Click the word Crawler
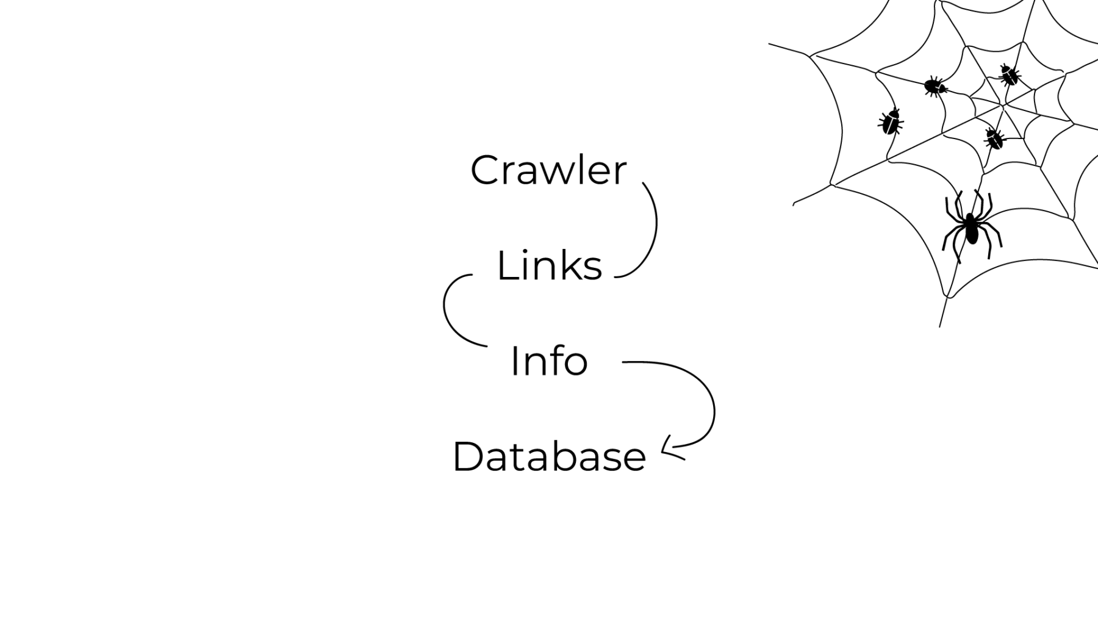tap(548, 170)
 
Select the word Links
tap(549, 266)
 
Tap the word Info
tap(548, 361)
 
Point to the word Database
tap(548, 457)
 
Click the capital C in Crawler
tap(484, 171)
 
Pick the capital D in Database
tap(467, 457)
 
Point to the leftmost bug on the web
tap(891, 122)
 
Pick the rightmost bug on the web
tap(1010, 75)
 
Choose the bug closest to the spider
tap(994, 138)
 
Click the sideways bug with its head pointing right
tap(934, 87)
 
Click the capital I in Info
tap(514, 361)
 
